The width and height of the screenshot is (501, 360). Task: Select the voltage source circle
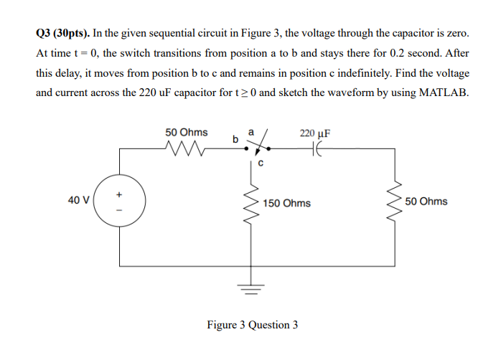[120, 203]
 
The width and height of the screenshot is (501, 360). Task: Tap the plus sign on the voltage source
[120, 193]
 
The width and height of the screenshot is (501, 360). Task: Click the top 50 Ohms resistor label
[186, 133]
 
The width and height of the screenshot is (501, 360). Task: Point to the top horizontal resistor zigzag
[185, 149]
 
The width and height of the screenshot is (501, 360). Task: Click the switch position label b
[235, 139]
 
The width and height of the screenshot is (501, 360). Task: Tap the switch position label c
[261, 163]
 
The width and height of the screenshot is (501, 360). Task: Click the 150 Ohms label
[286, 203]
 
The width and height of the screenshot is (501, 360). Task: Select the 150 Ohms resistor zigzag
[252, 202]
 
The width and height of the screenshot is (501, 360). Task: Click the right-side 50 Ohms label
[426, 202]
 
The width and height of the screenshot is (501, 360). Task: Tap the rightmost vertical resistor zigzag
[393, 202]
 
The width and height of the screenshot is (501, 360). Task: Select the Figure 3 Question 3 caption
[252, 325]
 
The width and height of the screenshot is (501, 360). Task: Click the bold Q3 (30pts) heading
[64, 34]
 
